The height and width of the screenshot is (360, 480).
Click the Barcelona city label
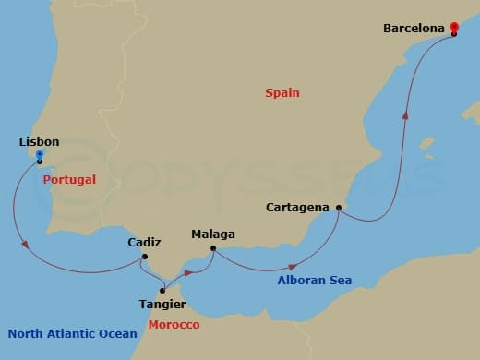[413, 29]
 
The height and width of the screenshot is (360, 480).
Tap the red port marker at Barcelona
[453, 30]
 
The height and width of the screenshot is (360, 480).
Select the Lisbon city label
[39, 142]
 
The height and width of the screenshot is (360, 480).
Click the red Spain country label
[282, 93]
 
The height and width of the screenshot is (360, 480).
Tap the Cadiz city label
[145, 243]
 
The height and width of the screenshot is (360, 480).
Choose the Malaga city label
[212, 234]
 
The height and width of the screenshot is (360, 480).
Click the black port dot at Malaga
[213, 248]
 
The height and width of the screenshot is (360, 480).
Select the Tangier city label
[163, 304]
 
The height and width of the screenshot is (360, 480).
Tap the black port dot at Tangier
[163, 291]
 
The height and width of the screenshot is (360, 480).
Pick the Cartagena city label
[297, 208]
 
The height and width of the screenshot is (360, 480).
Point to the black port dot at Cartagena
[338, 209]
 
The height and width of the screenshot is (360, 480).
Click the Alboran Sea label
[314, 280]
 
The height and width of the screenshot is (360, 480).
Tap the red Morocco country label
[174, 325]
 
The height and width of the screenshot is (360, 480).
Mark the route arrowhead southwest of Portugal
[26, 245]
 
